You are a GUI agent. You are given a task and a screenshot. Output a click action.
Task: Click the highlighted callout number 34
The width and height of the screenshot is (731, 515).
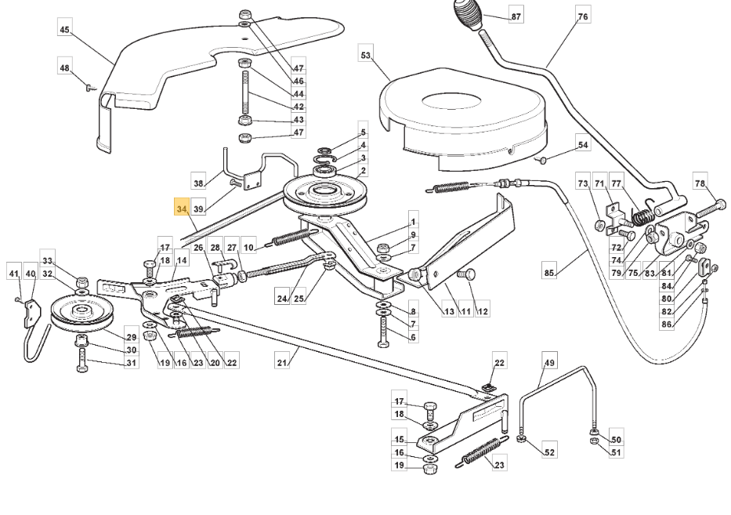pyautogui.click(x=183, y=209)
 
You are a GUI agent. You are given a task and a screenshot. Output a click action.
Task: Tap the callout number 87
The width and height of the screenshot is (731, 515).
pyautogui.click(x=516, y=16)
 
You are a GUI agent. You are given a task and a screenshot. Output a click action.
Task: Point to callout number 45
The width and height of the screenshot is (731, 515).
pyautogui.click(x=65, y=30)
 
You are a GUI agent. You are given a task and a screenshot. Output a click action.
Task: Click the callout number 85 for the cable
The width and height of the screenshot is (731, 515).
pyautogui.click(x=549, y=273)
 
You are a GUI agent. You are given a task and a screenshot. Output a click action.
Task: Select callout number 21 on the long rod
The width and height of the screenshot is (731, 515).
pyautogui.click(x=282, y=363)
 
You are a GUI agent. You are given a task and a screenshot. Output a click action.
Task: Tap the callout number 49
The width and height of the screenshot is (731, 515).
pyautogui.click(x=549, y=362)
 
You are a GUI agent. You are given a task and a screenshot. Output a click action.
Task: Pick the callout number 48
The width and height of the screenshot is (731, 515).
pyautogui.click(x=65, y=68)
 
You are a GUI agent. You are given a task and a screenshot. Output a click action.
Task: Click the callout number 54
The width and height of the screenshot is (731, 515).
pyautogui.click(x=582, y=145)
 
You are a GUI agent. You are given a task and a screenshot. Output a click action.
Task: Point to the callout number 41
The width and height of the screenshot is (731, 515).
pyautogui.click(x=13, y=274)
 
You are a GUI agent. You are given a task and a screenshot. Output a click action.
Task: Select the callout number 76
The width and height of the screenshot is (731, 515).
pyautogui.click(x=582, y=16)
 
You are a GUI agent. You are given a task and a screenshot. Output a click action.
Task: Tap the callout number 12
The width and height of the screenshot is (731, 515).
pyautogui.click(x=483, y=311)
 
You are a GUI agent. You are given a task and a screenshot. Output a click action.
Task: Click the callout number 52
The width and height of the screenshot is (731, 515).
pyautogui.click(x=549, y=452)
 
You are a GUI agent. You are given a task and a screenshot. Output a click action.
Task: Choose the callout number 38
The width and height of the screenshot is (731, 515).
pyautogui.click(x=198, y=183)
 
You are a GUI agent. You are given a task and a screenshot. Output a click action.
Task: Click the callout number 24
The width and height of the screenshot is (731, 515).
pyautogui.click(x=282, y=298)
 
